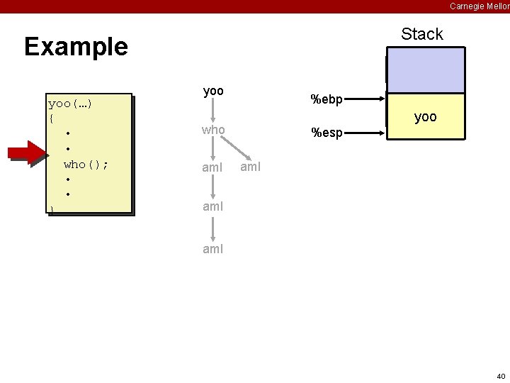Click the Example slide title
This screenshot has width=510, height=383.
[x=76, y=47]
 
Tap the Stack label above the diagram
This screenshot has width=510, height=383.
[x=421, y=34]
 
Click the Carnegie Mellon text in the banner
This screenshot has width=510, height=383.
[x=479, y=6]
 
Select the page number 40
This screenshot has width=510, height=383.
[x=500, y=376]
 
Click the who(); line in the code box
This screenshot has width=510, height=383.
[x=86, y=164]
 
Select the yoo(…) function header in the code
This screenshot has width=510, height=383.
[x=70, y=104]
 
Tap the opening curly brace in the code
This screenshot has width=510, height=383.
[x=51, y=118]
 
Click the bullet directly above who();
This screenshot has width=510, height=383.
[x=67, y=149]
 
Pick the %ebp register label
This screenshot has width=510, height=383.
[x=327, y=100]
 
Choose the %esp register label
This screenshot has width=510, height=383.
[x=327, y=133]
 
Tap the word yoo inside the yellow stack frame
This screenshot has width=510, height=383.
[x=425, y=117]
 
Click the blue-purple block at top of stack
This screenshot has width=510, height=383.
[x=425, y=70]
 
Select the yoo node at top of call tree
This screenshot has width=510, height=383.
[x=213, y=91]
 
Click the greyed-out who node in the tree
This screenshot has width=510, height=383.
[x=213, y=130]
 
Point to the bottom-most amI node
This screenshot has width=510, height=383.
[x=213, y=249]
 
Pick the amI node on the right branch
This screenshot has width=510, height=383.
[x=251, y=167]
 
